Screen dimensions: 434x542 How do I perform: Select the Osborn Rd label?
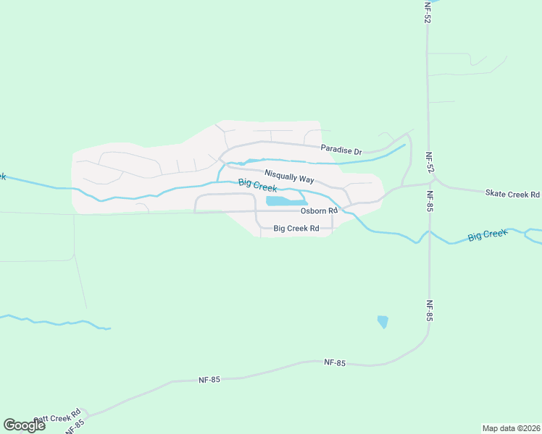click(x=320, y=211)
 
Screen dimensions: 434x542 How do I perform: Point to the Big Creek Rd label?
click(x=296, y=229)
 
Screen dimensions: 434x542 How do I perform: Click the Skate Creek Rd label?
click(x=512, y=195)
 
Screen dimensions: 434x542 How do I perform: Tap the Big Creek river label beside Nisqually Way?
click(x=257, y=185)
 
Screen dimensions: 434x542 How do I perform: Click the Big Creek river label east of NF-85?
click(x=488, y=234)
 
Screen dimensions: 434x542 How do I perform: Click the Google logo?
click(x=25, y=425)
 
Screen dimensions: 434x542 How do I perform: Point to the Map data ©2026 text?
click(x=511, y=428)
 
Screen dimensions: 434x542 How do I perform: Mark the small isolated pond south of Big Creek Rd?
click(x=383, y=322)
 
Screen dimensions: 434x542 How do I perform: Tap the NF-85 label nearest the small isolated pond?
click(x=429, y=310)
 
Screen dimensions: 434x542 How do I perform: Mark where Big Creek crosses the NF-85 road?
click(x=429, y=233)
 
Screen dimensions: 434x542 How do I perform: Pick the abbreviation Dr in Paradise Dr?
click(x=357, y=152)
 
